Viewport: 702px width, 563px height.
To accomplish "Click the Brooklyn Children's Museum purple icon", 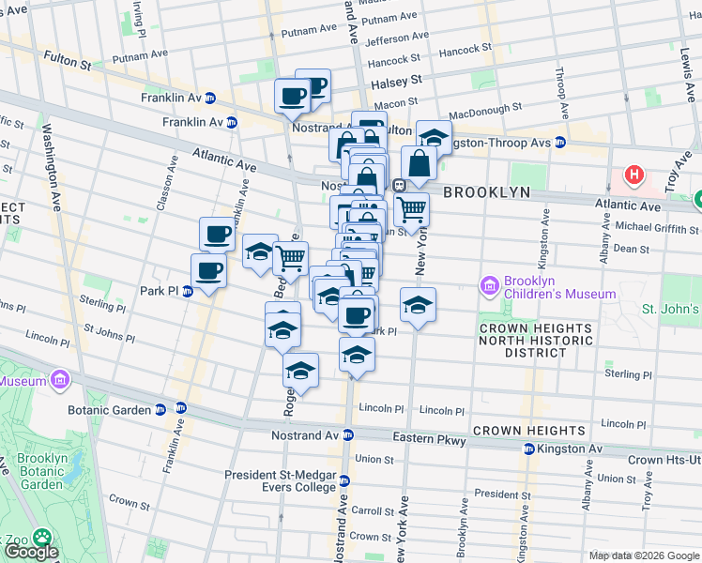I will [x=488, y=285].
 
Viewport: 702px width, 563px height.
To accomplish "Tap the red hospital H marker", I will [x=635, y=175].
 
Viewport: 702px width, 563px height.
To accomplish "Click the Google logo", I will [x=31, y=551].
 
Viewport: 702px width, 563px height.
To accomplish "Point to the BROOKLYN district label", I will [x=486, y=191].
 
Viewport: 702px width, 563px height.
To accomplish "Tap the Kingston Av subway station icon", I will [x=529, y=449].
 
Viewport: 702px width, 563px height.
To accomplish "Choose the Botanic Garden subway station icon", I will [x=160, y=410].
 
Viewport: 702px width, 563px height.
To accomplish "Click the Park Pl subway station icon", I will [x=188, y=291].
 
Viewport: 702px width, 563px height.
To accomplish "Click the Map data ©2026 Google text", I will [x=642, y=555].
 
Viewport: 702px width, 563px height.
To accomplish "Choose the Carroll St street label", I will [x=372, y=511].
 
